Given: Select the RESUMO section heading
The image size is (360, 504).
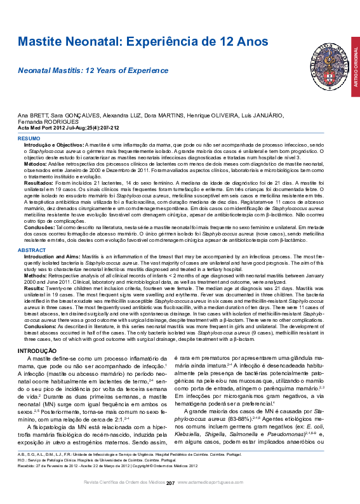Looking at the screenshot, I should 29,138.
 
